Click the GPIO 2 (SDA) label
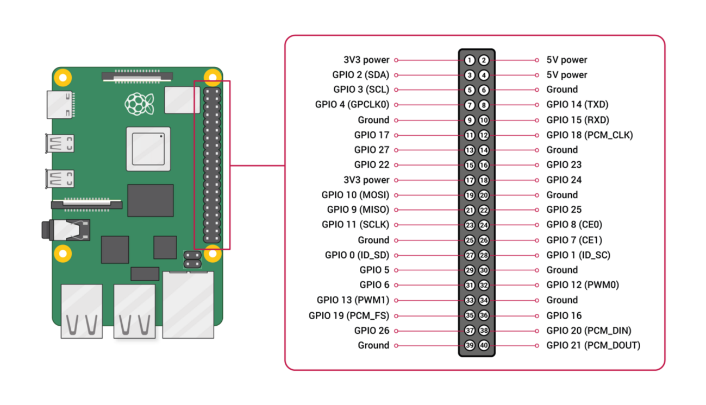(360, 75)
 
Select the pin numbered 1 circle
(470, 60)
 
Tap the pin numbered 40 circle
(484, 345)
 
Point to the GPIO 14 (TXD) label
(577, 105)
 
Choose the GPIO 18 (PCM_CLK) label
(589, 135)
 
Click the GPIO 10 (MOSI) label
(355, 195)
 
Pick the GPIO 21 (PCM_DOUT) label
(593, 345)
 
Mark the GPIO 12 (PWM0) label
(583, 285)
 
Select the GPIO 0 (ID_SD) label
(357, 255)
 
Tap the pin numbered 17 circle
(470, 180)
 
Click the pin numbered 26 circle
(484, 240)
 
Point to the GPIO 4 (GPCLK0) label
(352, 105)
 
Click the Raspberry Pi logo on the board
(139, 104)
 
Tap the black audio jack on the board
(65, 230)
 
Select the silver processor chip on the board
(148, 147)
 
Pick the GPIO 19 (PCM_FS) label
(348, 315)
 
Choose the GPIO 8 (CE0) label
(574, 225)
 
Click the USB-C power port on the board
(60, 104)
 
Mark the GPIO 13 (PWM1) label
(353, 300)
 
